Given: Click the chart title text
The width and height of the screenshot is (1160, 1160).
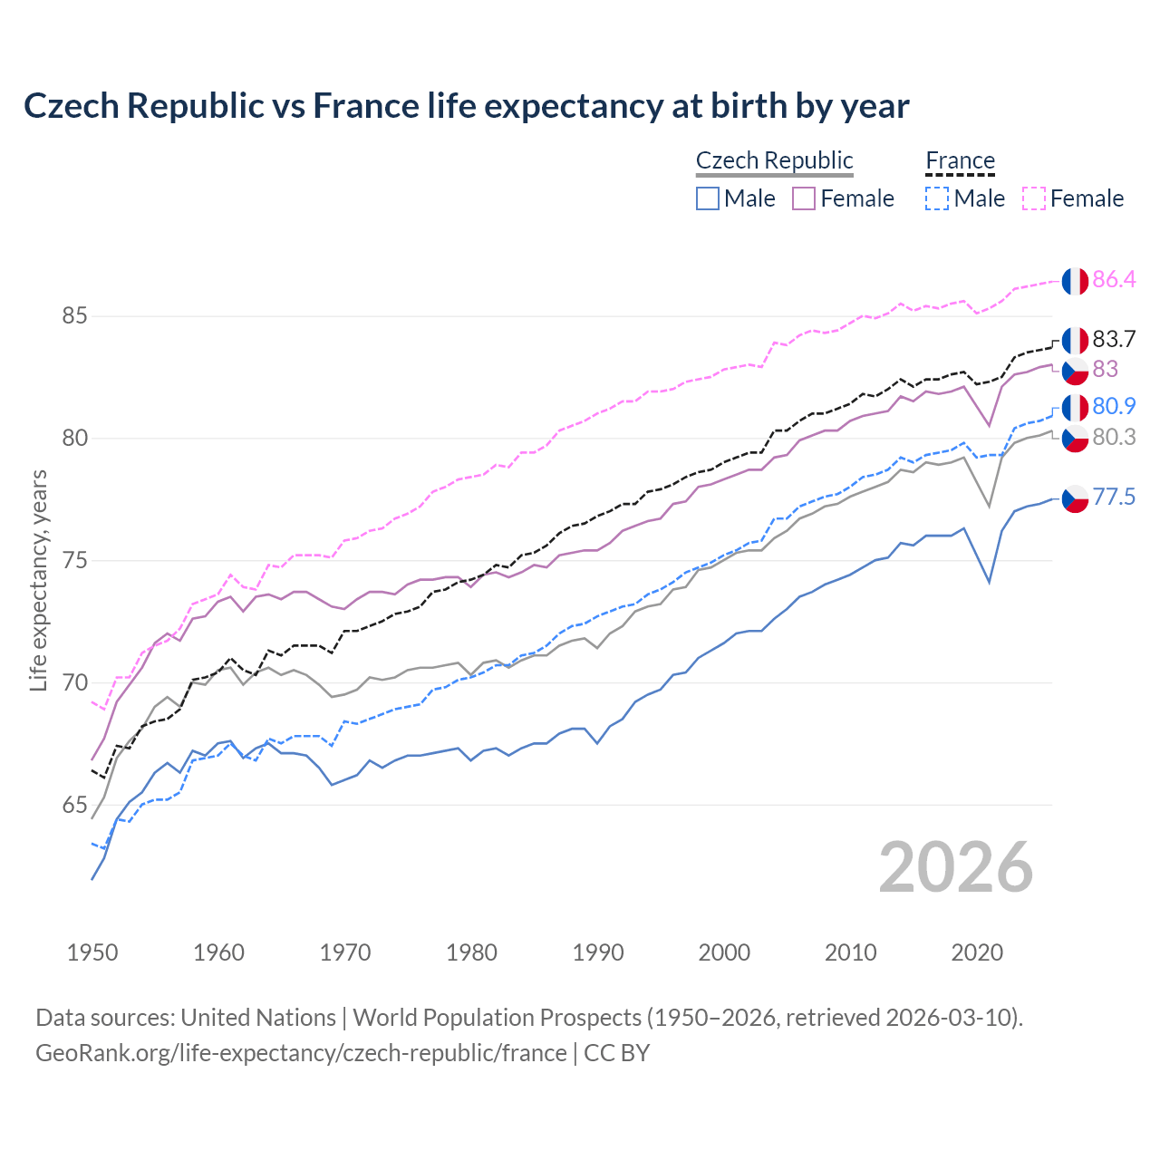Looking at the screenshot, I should pos(466,106).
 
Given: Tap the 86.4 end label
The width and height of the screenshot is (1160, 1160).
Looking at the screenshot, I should pos(1114,280).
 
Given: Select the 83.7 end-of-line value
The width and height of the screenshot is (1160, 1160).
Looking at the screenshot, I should pos(1114,340).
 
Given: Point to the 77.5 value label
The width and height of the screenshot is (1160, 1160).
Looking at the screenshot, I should pos(1114,498).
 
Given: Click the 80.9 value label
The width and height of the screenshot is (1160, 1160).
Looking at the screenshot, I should pos(1114,407).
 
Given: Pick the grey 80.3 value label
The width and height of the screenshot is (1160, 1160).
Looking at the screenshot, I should pos(1114,438).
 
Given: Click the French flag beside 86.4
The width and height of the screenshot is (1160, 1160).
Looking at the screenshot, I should pos(1075,281).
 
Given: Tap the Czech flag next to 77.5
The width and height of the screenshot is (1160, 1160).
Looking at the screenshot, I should pos(1075,498).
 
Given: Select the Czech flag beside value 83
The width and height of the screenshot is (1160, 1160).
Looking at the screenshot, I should pos(1075,370).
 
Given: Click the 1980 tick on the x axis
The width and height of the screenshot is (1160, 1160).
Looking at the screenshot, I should pos(471,952).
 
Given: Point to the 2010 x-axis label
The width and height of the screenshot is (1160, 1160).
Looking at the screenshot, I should pos(850,952).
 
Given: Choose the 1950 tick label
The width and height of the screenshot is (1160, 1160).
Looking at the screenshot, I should pos(92,952).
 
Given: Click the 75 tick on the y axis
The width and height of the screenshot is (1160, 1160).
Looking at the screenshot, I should pos(74,561).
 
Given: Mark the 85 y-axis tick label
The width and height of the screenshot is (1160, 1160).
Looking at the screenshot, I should pos(74,316).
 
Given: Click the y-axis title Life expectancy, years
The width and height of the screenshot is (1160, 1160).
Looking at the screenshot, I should pos(39,580).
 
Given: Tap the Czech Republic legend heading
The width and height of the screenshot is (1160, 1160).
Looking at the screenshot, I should pos(774,160).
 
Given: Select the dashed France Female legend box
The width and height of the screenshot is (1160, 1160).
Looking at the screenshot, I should pos(1033,198).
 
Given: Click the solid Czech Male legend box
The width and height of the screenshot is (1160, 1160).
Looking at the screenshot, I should pos(708,198).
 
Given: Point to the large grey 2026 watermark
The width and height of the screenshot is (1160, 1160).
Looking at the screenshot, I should pos(955,867).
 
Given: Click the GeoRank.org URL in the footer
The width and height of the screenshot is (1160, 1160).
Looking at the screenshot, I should pos(301,1053).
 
